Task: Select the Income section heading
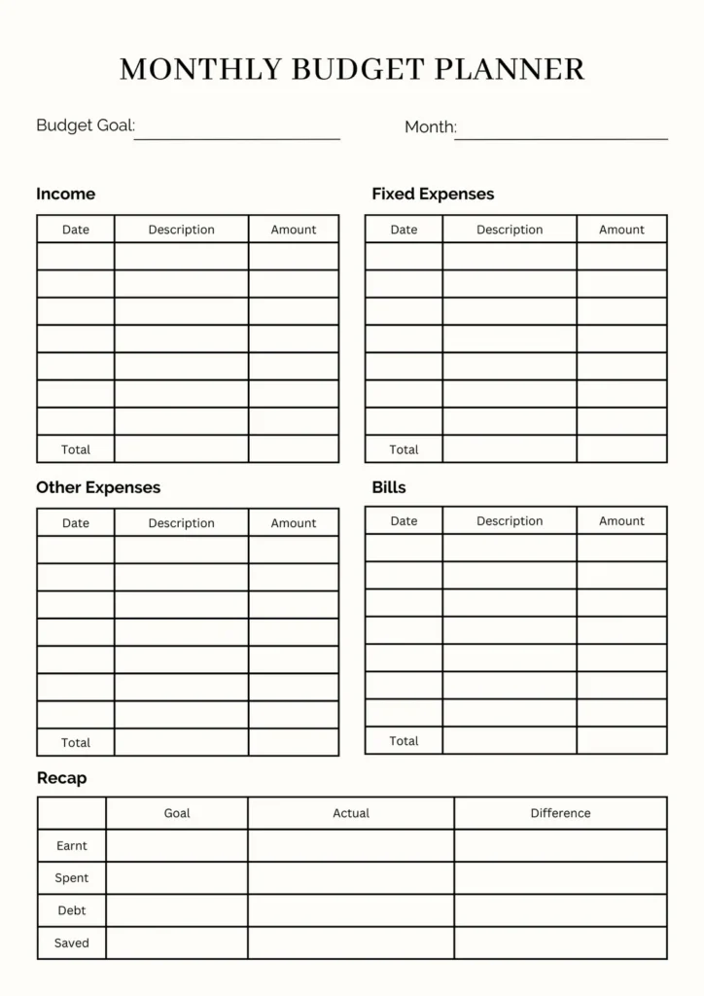(66, 194)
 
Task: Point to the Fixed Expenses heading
(433, 194)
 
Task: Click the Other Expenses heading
(98, 487)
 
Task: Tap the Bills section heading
(389, 487)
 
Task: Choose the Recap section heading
(62, 778)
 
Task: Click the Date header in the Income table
(76, 230)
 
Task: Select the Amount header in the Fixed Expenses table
(621, 230)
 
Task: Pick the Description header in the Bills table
(510, 521)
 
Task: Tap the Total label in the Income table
(76, 449)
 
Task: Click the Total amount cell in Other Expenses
(294, 742)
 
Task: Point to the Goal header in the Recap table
(177, 813)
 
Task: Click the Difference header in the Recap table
(560, 813)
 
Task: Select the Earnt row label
(72, 846)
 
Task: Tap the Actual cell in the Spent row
(350, 878)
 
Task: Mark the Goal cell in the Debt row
(177, 910)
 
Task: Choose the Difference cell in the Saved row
(560, 943)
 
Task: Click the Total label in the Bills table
(404, 741)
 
